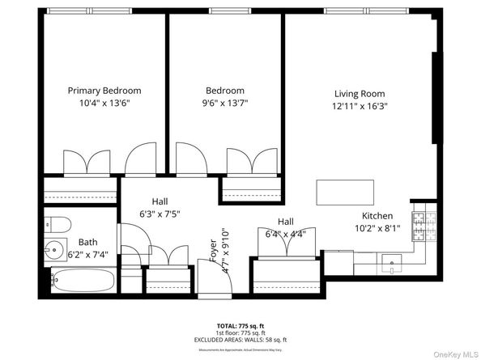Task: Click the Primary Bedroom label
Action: tap(104, 91)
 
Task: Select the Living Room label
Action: tap(360, 93)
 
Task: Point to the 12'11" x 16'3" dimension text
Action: tap(360, 106)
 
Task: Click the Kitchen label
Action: tap(377, 216)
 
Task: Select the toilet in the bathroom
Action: tap(54, 223)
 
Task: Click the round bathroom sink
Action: tap(56, 250)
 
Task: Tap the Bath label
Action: tap(87, 242)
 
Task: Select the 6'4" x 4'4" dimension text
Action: tap(285, 235)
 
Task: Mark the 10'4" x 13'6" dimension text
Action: tap(104, 104)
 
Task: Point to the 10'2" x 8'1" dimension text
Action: tap(377, 229)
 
